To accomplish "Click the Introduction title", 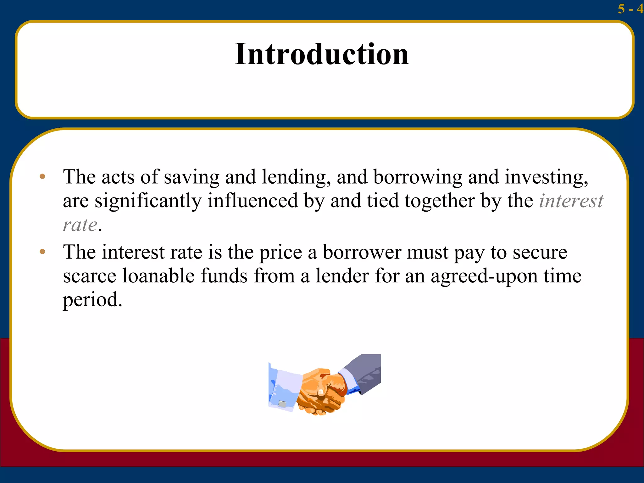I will click(321, 54).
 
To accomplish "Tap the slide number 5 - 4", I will click(630, 9).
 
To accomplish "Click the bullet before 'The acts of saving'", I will click(42, 177).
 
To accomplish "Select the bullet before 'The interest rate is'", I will click(42, 252).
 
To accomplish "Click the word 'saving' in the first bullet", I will click(192, 177).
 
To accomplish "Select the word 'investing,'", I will click(547, 177).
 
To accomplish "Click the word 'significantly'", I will click(148, 201).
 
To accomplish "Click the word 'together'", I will click(440, 201).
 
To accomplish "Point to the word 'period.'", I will click(92, 300).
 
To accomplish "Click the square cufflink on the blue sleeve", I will click(282, 404).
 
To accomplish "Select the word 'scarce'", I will click(90, 276).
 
